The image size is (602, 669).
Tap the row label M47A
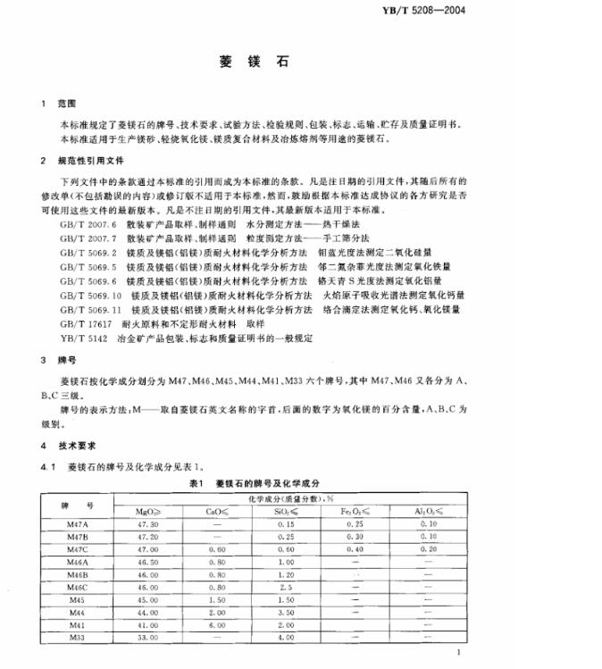click(78, 524)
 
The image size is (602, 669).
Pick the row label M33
click(78, 637)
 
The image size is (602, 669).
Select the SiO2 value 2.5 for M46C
click(286, 587)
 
